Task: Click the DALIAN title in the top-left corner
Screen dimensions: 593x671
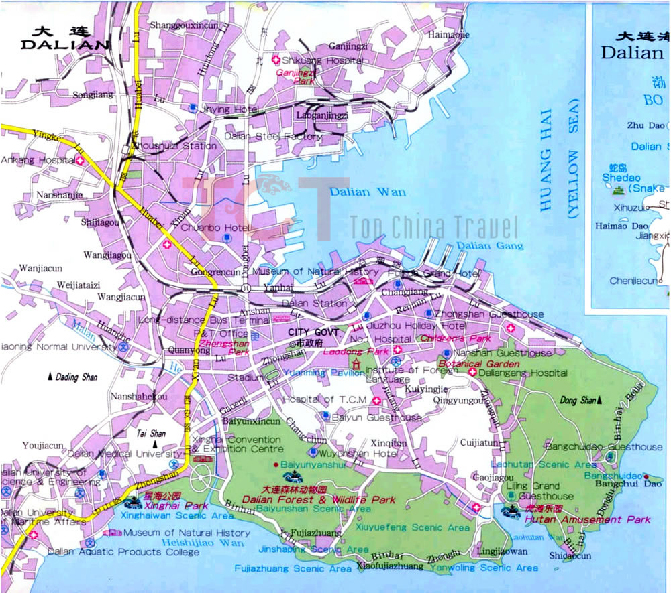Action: pos(65,44)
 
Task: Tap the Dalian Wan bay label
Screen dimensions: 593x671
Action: pos(368,192)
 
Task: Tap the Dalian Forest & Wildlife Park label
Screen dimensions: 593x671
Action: pos(328,499)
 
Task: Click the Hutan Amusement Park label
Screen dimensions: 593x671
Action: pos(588,519)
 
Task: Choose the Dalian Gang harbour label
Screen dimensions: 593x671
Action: pos(481,246)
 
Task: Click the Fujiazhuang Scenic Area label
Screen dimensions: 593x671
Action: pos(293,568)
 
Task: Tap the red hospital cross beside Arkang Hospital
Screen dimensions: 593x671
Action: pos(80,161)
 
